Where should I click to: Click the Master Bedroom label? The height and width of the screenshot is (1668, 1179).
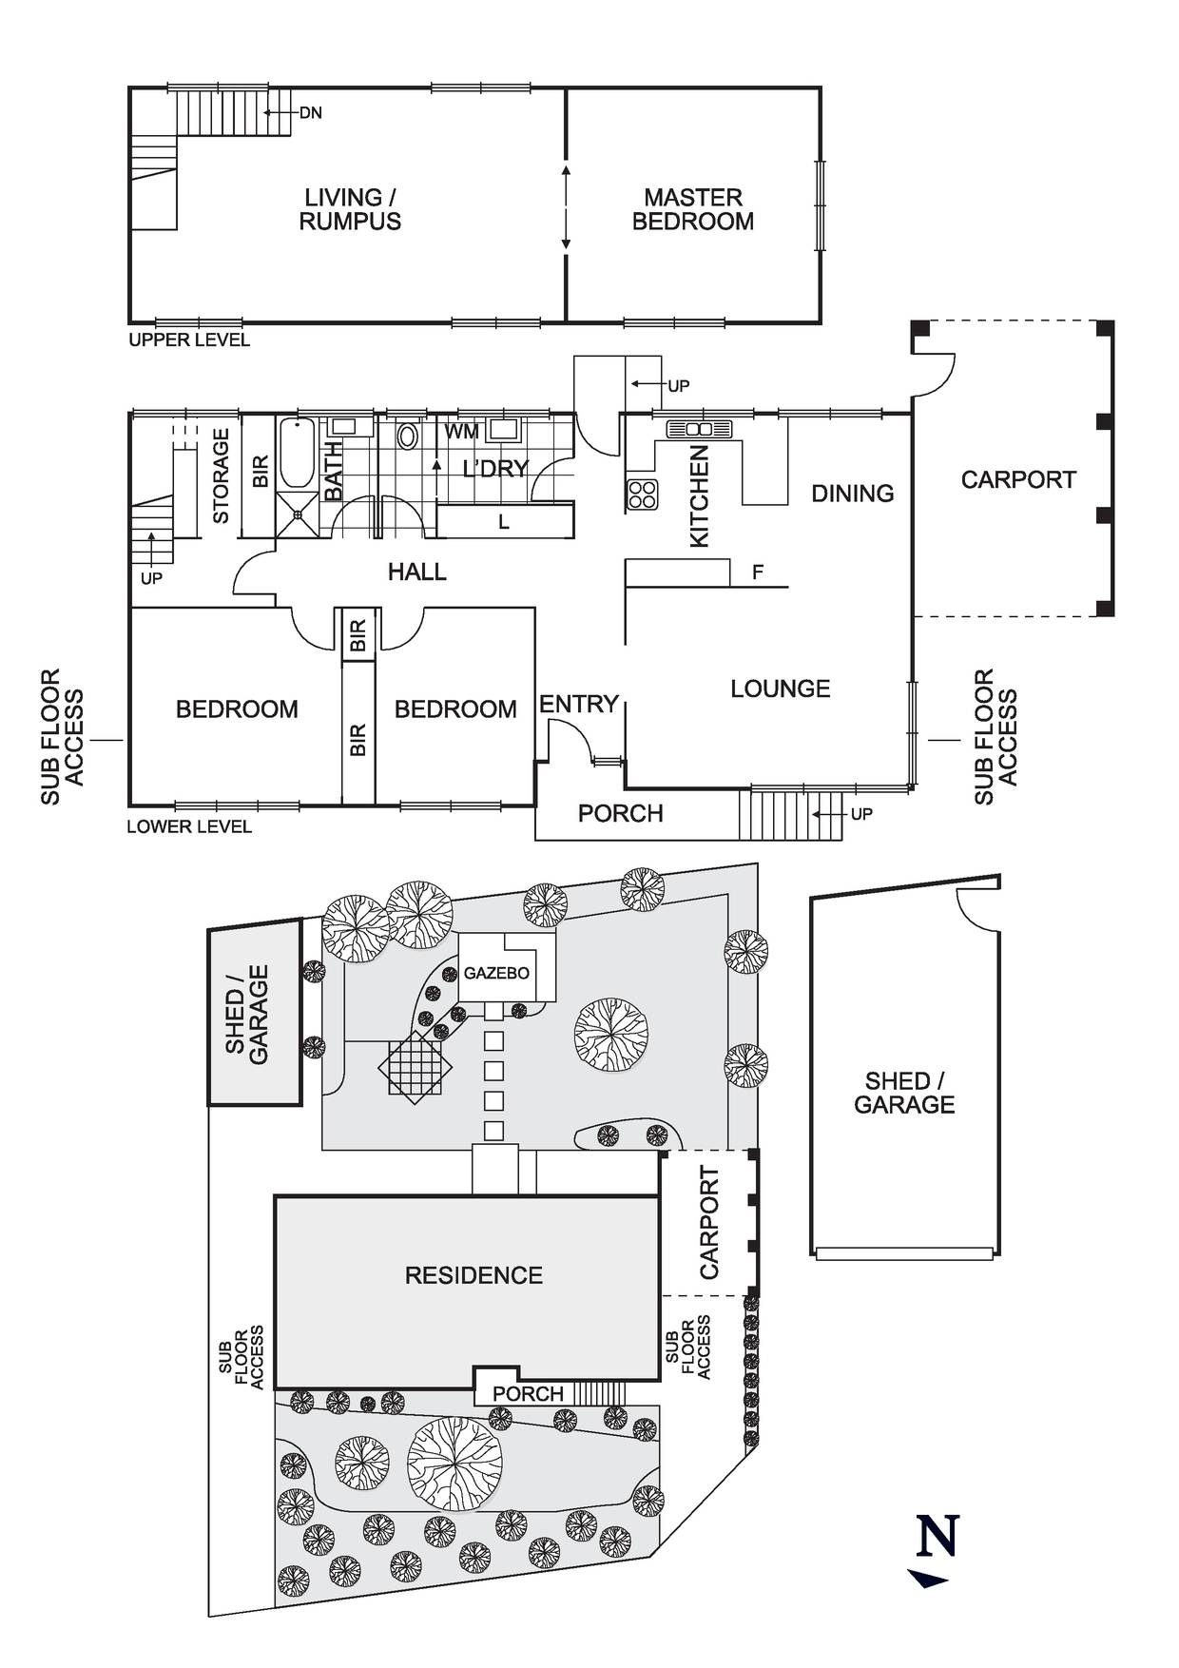pos(692,209)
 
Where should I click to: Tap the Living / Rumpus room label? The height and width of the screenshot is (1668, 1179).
pos(350,209)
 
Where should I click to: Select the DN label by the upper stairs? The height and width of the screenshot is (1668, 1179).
pos(310,113)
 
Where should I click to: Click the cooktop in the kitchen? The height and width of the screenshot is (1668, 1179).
pos(642,495)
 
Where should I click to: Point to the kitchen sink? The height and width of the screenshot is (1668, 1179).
pos(703,429)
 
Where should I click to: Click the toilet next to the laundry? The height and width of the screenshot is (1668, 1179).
pos(407,436)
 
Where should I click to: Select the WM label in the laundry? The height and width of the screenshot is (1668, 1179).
pos(462,432)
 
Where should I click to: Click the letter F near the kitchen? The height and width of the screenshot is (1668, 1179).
pos(758,572)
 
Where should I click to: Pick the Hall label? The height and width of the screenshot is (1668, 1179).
pos(416,572)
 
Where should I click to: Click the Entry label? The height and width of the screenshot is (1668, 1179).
pos(579,704)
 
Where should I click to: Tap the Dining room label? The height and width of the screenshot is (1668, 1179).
pos(852,493)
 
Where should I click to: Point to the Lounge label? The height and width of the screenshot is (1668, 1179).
pos(780,688)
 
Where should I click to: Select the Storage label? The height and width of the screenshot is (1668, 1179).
pos(221,475)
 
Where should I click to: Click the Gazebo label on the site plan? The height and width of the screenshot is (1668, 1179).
pos(496,973)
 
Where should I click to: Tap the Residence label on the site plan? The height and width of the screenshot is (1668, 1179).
pos(474,1275)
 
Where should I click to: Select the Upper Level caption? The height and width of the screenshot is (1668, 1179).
pos(189,340)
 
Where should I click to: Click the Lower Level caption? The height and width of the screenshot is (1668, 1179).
pos(189,826)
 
